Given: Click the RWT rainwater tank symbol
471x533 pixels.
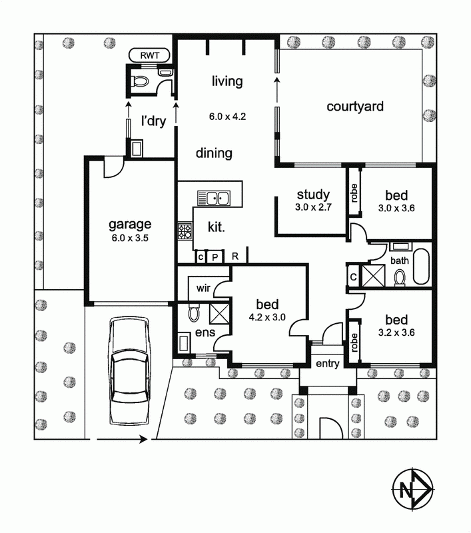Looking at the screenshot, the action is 149,55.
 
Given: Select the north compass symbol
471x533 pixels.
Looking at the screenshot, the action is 412,489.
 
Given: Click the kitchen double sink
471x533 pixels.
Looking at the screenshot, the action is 214,198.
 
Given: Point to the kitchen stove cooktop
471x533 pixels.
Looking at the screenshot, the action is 185,231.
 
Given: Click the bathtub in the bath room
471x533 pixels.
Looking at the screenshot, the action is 422,266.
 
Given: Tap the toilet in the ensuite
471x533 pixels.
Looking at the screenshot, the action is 194,312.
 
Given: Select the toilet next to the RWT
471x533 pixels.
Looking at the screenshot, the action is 141,81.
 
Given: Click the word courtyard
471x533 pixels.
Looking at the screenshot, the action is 355,107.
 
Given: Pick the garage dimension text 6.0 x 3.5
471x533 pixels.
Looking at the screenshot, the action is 130,238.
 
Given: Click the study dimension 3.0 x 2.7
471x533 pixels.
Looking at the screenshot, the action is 313,207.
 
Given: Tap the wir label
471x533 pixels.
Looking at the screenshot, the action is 203,288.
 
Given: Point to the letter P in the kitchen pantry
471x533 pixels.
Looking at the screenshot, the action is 215,257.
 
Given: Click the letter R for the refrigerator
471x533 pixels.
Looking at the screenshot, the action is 235,257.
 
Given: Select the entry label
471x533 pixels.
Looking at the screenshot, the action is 328,364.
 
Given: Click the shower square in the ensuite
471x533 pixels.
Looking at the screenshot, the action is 219,313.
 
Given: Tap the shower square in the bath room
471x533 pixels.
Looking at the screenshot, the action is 374,275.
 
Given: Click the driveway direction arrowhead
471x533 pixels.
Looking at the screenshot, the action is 143,439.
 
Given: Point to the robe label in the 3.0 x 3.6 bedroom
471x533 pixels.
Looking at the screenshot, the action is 354,193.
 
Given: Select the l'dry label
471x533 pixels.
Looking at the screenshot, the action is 154,121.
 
